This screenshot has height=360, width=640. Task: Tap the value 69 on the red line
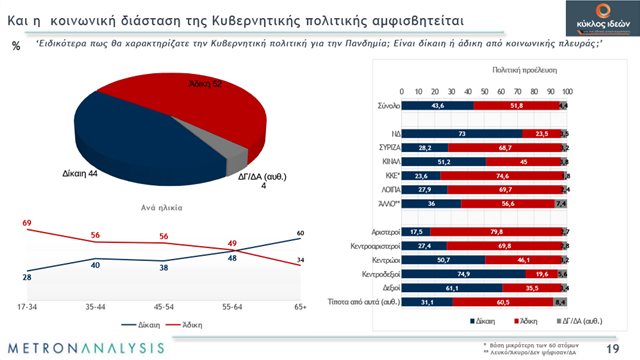click(x=27, y=221)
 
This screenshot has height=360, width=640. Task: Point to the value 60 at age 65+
click(x=299, y=233)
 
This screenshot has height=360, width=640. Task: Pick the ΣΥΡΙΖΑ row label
click(x=375, y=143)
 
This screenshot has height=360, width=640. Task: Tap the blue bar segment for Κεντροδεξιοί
click(x=458, y=272)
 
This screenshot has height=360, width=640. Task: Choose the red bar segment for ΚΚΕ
click(x=493, y=172)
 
